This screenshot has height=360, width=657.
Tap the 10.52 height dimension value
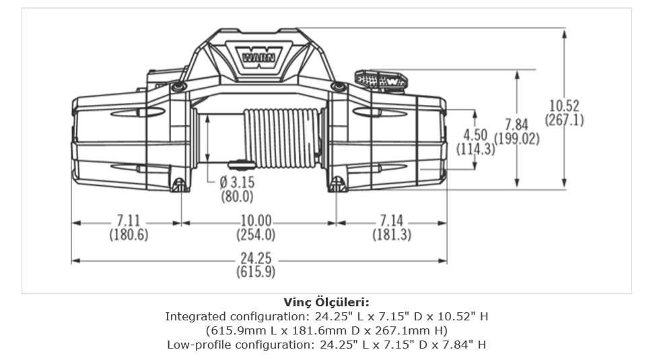coord(564,106)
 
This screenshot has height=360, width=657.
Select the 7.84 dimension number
coord(516,125)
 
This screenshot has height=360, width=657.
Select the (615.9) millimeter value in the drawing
coord(256,273)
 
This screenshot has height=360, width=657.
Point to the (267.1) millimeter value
coord(564,120)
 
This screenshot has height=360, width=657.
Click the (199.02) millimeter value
coord(517,139)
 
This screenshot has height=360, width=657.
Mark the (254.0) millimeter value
coord(256,235)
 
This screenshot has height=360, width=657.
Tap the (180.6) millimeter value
coord(128,235)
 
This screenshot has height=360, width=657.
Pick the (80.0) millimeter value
coord(237,196)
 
